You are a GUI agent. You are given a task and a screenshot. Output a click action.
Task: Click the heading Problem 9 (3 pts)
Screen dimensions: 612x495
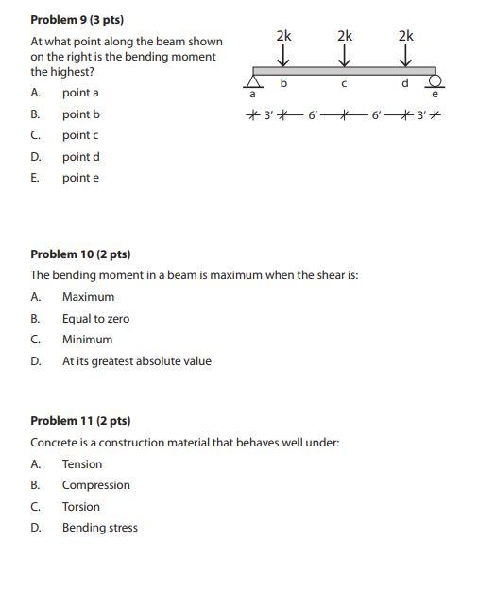(77, 19)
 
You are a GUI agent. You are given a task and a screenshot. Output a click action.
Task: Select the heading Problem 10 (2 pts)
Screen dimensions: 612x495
(80, 254)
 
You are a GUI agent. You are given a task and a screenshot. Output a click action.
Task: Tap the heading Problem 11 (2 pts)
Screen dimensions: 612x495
(80, 421)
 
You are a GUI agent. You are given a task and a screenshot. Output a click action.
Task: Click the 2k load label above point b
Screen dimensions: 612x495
(283, 35)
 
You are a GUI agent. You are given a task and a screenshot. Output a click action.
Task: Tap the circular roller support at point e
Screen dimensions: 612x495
(435, 80)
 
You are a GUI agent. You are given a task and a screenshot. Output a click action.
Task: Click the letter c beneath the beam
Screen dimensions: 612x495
(345, 84)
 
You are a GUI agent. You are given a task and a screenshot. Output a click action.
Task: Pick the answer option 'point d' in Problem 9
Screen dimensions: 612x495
(80, 157)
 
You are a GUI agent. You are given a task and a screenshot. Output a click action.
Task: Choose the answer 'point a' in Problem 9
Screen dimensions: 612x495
(80, 93)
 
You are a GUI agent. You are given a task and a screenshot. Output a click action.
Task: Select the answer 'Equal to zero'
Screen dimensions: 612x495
(95, 319)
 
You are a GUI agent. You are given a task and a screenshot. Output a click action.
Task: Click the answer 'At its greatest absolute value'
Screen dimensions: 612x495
(136, 361)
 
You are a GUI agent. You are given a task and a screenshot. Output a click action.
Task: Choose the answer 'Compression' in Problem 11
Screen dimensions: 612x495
(95, 485)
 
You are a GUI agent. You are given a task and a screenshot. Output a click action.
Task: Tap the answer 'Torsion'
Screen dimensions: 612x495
(80, 507)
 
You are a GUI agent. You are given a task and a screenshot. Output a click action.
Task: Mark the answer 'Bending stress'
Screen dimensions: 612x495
(99, 528)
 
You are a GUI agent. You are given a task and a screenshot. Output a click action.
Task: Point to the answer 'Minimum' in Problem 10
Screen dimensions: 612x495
(87, 340)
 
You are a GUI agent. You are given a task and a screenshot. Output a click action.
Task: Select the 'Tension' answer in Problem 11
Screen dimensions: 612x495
(82, 464)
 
